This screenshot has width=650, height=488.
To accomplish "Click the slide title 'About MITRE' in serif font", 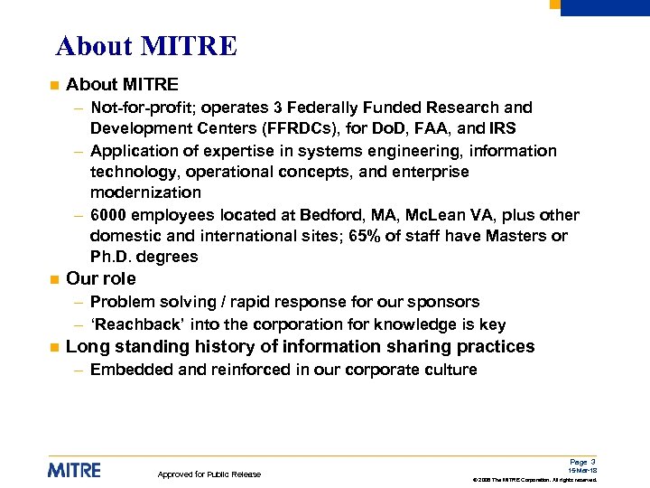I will point(146,46).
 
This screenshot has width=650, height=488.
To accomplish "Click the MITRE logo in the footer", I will point(74,470).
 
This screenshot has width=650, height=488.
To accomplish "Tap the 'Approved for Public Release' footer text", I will point(209,474).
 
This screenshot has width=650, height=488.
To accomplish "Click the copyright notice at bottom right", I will point(535,480).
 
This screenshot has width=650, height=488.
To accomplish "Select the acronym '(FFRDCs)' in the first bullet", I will point(280,129).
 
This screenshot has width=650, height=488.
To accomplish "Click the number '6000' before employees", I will point(111,215).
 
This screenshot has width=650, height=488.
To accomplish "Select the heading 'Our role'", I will point(101,278).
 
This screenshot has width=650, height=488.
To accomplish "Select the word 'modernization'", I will point(145,192).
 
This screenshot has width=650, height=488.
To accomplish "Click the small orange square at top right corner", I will point(555,4).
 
